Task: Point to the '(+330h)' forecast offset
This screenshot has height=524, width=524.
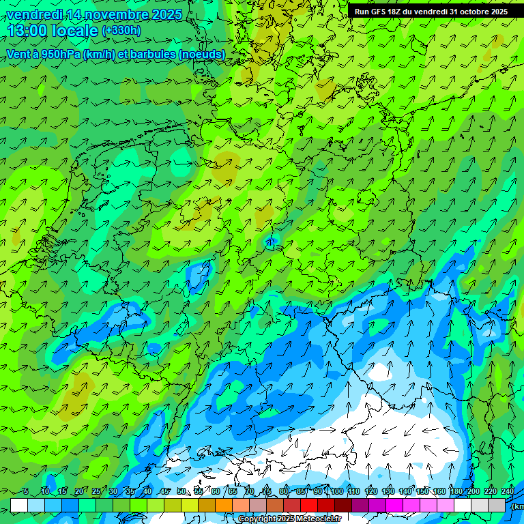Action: point(121,31)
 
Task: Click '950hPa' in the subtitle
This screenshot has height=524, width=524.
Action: point(60,54)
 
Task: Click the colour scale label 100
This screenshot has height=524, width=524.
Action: point(337,491)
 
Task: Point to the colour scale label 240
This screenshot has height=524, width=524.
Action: point(508,491)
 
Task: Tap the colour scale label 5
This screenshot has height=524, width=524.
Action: point(25,491)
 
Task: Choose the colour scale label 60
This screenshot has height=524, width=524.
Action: point(215,491)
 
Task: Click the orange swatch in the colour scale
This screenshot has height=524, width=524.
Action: point(224,505)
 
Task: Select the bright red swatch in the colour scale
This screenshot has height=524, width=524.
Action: point(309,505)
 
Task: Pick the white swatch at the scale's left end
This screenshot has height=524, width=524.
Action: point(19,505)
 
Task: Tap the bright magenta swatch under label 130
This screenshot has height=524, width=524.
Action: point(394,505)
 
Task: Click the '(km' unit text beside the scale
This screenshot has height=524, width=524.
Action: point(518,506)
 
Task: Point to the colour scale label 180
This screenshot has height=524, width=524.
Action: point(456,491)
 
